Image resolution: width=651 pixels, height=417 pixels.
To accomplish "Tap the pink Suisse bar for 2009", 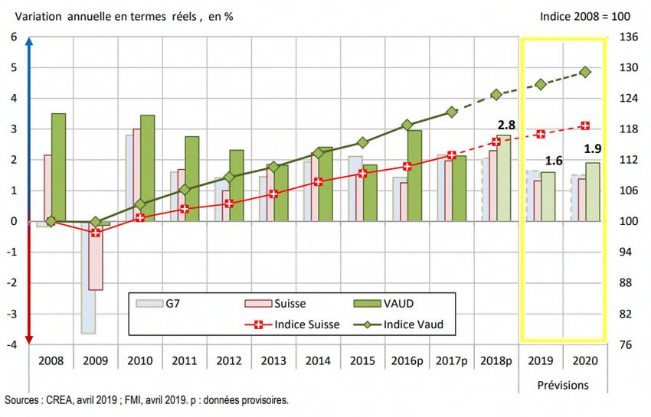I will click(95, 256).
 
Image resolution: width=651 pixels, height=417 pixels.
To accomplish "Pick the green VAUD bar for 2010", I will click(147, 168).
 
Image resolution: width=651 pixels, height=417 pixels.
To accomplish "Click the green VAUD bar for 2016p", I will click(415, 175).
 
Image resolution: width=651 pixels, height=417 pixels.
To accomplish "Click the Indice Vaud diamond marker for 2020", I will click(585, 72).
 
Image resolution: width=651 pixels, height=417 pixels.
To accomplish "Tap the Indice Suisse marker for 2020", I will click(585, 125).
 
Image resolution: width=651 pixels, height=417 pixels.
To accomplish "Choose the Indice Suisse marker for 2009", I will click(96, 232).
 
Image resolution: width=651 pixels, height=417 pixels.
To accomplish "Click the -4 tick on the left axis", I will click(11, 344).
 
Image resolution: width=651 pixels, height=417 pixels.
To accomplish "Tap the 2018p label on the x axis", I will click(496, 360).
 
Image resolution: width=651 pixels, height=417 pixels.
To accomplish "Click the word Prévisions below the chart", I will click(561, 385).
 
